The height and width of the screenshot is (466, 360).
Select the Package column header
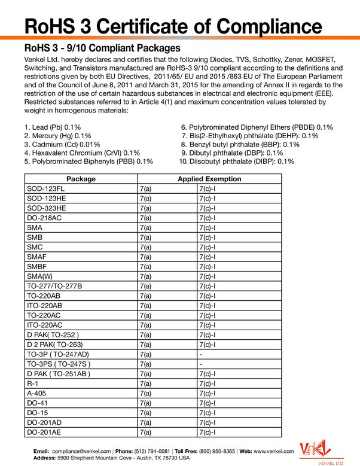coord(81,179)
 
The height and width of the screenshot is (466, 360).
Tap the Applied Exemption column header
coord(209,179)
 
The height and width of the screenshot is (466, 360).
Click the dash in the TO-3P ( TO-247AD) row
coord(201,354)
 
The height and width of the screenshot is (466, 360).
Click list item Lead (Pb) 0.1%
coord(53,127)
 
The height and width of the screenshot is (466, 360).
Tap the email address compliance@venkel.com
coord(81,449)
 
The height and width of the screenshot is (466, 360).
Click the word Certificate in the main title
coord(150,26)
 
